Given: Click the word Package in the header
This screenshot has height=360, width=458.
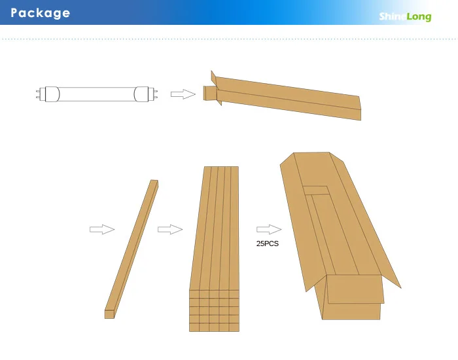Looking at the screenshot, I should tap(41, 13).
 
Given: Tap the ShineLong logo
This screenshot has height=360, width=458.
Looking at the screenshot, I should tap(405, 16).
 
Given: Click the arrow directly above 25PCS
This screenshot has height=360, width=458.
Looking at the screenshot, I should tap(268, 229).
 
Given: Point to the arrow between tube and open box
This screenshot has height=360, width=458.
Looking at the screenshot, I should tap(183, 94).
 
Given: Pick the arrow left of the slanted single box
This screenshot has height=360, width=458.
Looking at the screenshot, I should tap(101, 229).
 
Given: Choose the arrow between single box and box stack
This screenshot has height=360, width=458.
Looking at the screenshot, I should tap(169, 229).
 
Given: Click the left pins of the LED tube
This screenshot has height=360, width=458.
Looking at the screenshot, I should tap(39, 94).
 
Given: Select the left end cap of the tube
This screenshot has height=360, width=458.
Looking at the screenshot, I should tap(50, 94).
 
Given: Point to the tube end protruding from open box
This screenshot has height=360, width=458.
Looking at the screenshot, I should tap(209, 94).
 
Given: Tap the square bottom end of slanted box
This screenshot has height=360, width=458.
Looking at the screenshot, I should tap(109, 314).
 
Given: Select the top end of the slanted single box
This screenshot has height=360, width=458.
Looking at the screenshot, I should tap(154, 183).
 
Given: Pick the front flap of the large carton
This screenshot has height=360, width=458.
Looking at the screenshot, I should tap(355, 289).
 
